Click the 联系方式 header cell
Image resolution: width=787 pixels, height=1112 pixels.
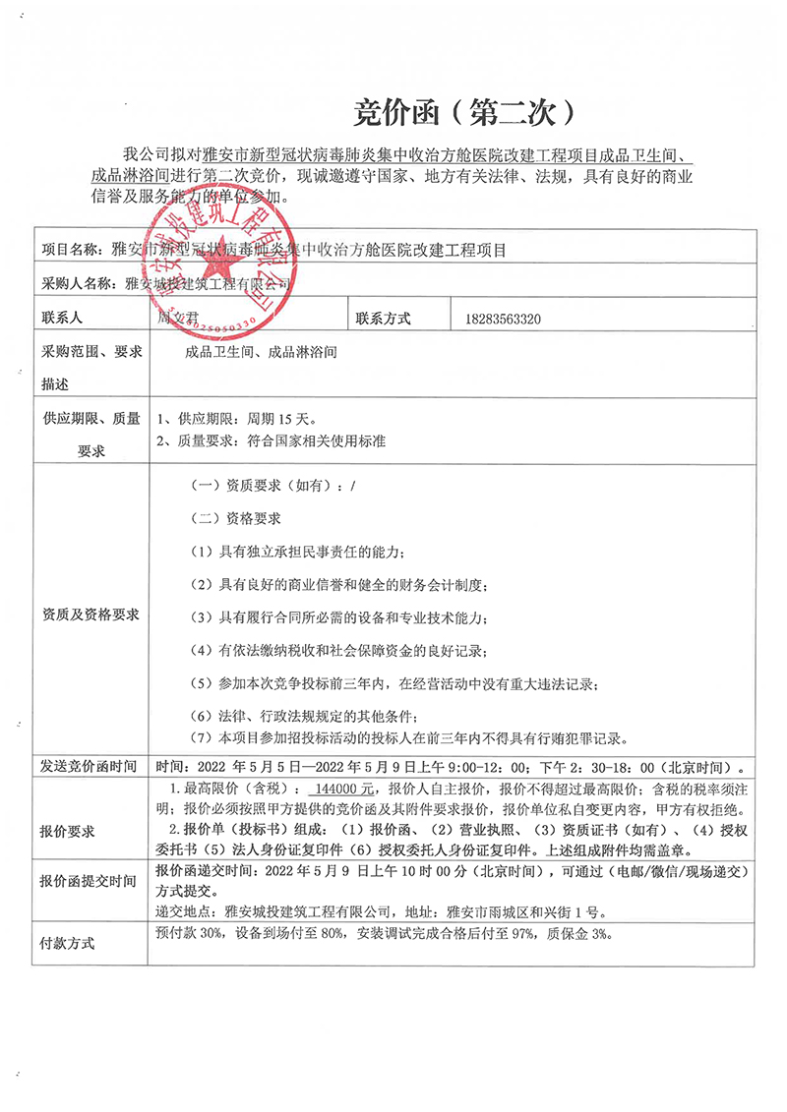pos(383,319)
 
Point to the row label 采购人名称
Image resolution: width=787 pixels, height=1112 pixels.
pos(83,285)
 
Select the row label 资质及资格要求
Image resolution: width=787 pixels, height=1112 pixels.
pos(91,615)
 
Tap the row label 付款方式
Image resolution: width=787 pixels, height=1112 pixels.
pos(68,943)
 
